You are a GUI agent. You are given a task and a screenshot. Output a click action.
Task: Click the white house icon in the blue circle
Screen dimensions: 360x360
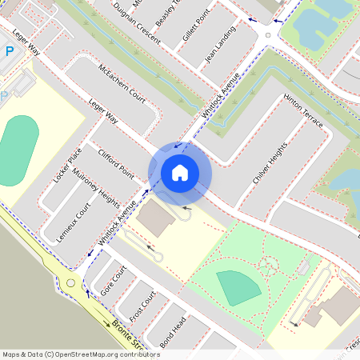point(180,172)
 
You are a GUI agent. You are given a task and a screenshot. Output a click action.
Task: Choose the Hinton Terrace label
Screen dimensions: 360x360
point(303,112)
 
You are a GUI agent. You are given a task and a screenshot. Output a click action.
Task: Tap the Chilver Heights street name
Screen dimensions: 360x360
point(269,164)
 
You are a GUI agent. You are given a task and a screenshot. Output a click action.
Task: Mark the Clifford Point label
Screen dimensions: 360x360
point(115,161)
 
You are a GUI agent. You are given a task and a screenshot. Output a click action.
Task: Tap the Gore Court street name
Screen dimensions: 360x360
point(114,282)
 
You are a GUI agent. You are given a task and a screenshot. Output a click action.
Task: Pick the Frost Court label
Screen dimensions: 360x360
point(142,303)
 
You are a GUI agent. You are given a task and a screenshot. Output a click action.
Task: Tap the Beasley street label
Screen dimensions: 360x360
point(169,13)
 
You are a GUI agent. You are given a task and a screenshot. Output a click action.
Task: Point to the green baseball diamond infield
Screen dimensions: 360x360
point(233,287)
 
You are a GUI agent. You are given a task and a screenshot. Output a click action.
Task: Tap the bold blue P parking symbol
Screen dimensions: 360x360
point(9,50)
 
